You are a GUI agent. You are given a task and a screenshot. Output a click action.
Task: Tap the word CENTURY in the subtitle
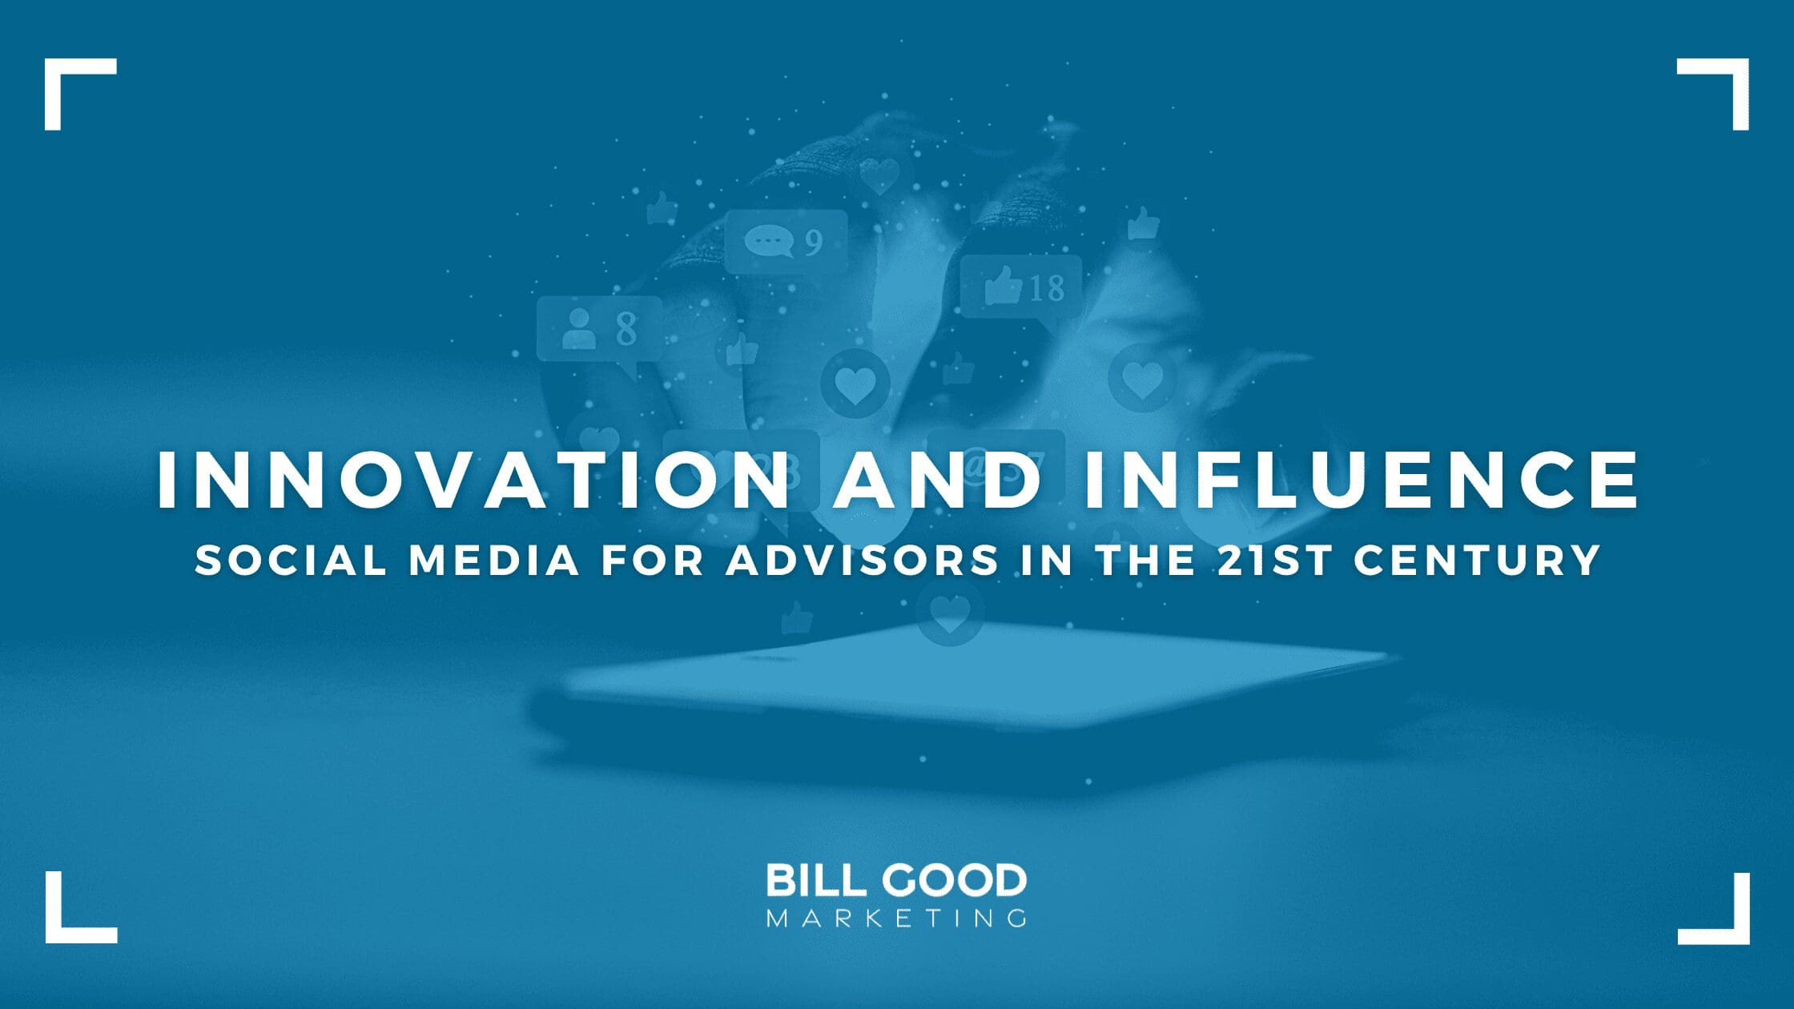coord(1477,560)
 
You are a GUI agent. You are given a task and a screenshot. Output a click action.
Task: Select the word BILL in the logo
coord(816,881)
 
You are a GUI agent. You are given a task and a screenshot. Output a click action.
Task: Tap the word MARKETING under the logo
coord(896,918)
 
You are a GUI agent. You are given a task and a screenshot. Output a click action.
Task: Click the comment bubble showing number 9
coord(785,240)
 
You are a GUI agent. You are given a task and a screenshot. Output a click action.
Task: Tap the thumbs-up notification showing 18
coord(1021,286)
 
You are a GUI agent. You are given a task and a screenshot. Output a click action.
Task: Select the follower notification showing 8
coord(599,328)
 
